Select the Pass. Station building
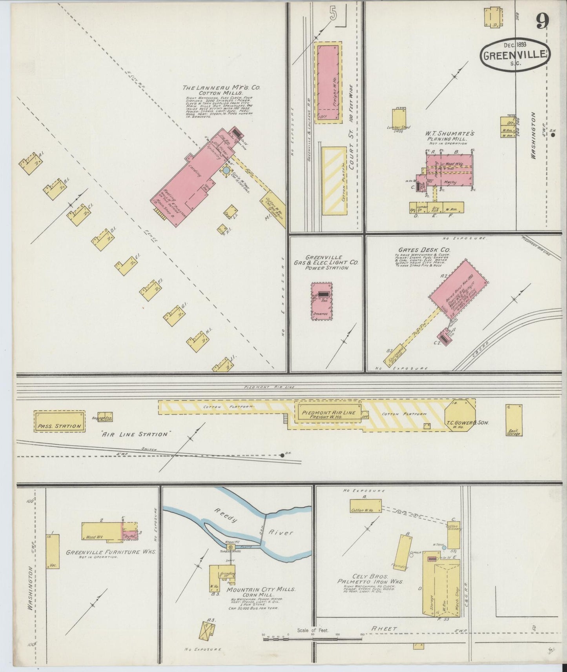(x=60, y=421)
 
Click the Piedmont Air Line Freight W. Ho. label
(x=329, y=415)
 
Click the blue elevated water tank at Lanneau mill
(x=226, y=171)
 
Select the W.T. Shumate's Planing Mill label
(x=450, y=136)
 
